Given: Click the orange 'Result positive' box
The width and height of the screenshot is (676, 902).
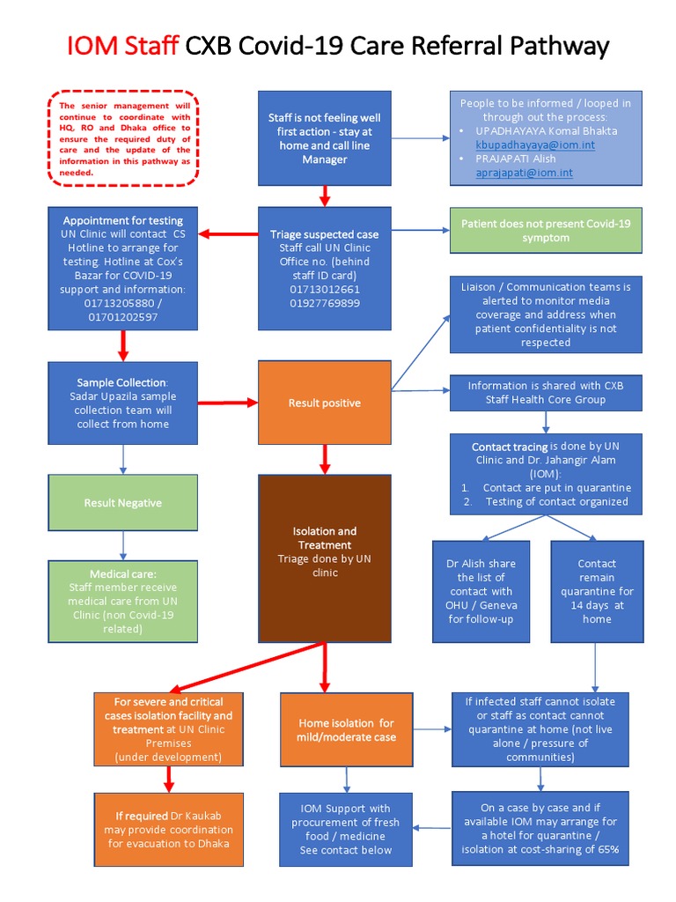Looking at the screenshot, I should (x=324, y=403).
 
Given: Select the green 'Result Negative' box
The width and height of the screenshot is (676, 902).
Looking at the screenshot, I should (x=122, y=503).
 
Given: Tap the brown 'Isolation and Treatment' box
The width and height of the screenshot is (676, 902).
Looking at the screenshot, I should (x=324, y=558).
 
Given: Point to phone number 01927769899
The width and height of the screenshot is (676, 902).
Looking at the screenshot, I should (x=324, y=302).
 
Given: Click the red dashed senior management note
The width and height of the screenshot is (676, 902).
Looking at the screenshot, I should (x=123, y=138).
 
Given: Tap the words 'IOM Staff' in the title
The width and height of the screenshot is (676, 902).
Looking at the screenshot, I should (x=122, y=47).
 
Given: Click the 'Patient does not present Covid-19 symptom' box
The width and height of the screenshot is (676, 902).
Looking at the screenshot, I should (x=546, y=231).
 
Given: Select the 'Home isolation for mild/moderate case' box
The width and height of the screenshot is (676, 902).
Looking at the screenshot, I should (x=347, y=729).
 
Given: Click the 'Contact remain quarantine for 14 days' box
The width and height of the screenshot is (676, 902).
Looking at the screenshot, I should (x=597, y=591).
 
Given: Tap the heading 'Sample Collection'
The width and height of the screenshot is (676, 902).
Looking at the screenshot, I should (x=121, y=382).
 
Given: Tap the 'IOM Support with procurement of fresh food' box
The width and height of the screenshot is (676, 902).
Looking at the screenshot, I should (x=347, y=829).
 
